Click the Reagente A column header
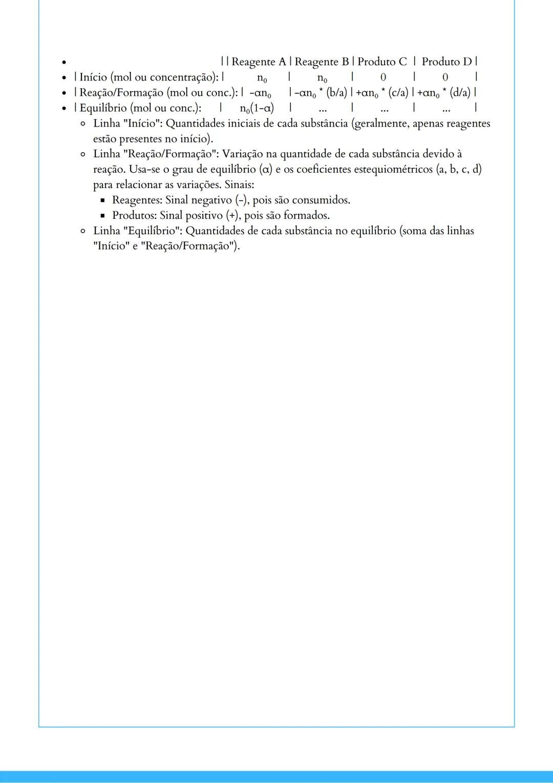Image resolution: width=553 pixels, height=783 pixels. tap(259, 62)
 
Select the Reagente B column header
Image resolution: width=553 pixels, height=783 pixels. tap(322, 62)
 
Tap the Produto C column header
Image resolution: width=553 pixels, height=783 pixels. tap(382, 62)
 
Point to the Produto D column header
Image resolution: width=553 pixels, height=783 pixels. tap(446, 62)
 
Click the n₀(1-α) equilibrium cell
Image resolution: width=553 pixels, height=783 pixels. tap(257, 108)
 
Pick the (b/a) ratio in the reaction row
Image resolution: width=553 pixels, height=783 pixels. tap(336, 93)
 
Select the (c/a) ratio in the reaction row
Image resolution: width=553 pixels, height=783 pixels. tap(398, 93)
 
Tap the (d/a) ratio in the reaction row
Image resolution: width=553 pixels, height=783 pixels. tap(459, 93)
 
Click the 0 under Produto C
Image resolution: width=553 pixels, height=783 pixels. tap(383, 77)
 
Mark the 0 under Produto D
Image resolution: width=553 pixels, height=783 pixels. tap(445, 77)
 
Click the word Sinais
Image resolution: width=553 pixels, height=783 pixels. tap(239, 185)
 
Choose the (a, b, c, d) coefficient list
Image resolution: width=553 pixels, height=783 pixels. tap(459, 170)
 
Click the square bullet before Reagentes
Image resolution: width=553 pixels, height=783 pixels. tap(102, 201)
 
